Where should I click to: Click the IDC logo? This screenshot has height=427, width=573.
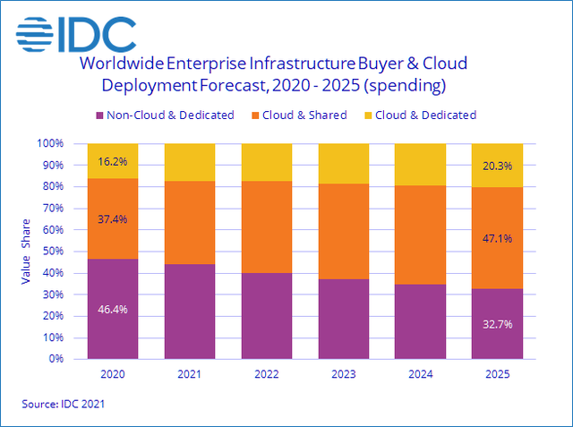[x=76, y=33]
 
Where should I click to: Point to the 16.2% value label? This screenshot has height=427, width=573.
[x=113, y=162]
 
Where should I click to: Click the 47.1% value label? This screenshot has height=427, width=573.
[x=498, y=239]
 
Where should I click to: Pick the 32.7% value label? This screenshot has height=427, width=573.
[x=498, y=324]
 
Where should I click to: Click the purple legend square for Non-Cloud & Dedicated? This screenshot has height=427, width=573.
[x=100, y=115]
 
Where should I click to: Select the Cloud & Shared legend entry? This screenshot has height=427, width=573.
[x=304, y=115]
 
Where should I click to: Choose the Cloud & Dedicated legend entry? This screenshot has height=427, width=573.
[x=421, y=115]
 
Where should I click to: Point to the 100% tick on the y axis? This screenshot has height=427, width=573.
[x=50, y=143]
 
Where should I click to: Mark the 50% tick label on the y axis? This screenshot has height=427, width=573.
[x=52, y=252]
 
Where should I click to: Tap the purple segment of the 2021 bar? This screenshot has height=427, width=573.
[x=190, y=312]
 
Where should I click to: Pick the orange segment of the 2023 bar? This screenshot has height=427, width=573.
[x=344, y=232]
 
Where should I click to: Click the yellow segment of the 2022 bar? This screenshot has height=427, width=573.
[x=267, y=162]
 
